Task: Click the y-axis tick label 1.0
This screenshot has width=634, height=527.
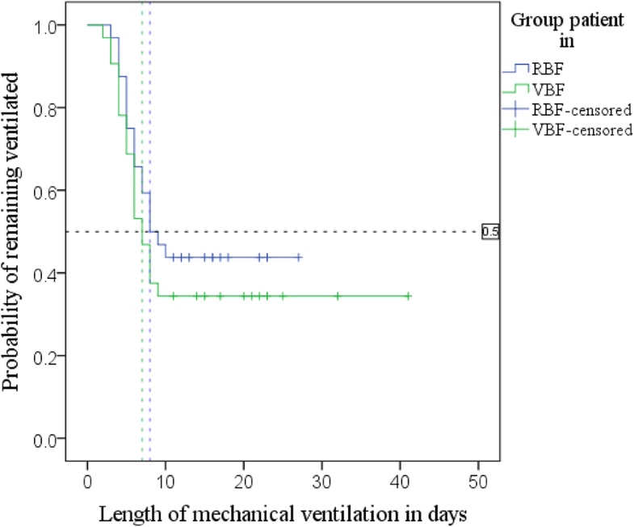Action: click(47, 26)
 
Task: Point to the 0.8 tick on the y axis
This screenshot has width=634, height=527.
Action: click(47, 108)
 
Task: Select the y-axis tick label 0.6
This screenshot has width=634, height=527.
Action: click(47, 191)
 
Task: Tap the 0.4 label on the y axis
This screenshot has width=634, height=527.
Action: click(47, 274)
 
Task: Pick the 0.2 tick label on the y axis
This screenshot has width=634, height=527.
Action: click(47, 356)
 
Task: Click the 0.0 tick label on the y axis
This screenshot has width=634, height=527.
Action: click(47, 439)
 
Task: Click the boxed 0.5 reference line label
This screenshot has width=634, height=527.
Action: click(490, 232)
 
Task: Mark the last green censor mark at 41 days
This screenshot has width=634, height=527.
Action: click(409, 297)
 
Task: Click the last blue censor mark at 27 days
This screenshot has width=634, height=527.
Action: click(299, 257)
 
